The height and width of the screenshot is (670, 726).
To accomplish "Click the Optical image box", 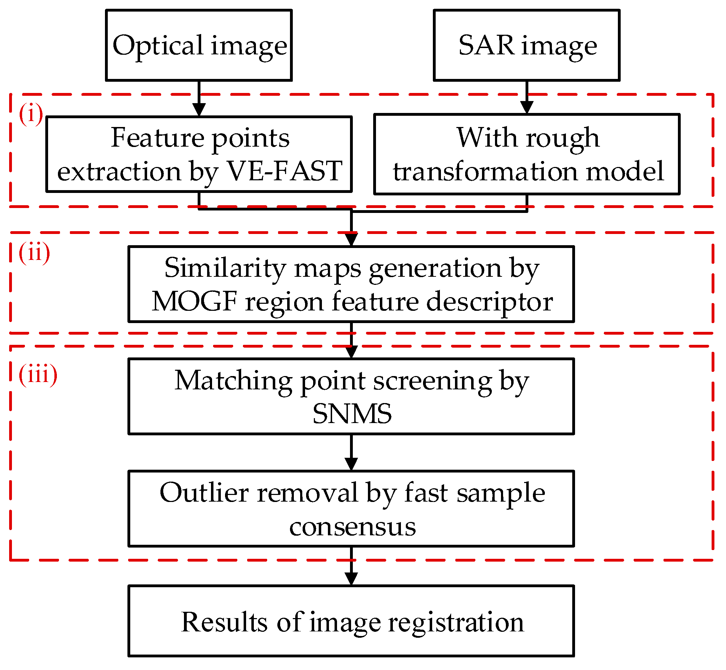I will point(199,45).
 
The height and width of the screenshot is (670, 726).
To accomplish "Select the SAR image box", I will point(527,45).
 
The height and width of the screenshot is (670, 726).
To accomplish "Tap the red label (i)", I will point(31,114).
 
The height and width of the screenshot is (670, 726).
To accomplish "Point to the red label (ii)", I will point(34,253).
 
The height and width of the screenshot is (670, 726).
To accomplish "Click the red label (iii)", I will point(38,375).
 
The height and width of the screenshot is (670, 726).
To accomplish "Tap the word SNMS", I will point(352,414).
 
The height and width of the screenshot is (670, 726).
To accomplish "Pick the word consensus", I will point(352,527).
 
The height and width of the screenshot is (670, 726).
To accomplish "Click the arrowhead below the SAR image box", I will point(527,107).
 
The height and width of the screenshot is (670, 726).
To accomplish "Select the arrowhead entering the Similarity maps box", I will point(351,240).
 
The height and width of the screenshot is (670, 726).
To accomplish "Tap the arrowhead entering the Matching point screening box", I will point(351,352).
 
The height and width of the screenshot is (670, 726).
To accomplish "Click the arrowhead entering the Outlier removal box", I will point(351,464).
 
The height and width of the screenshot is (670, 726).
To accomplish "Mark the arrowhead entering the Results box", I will point(351,579).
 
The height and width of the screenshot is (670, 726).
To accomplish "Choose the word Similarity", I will point(225,268).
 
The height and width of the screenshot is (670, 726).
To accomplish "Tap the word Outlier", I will point(204,493).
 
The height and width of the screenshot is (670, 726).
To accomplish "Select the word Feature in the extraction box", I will point(157,138).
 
